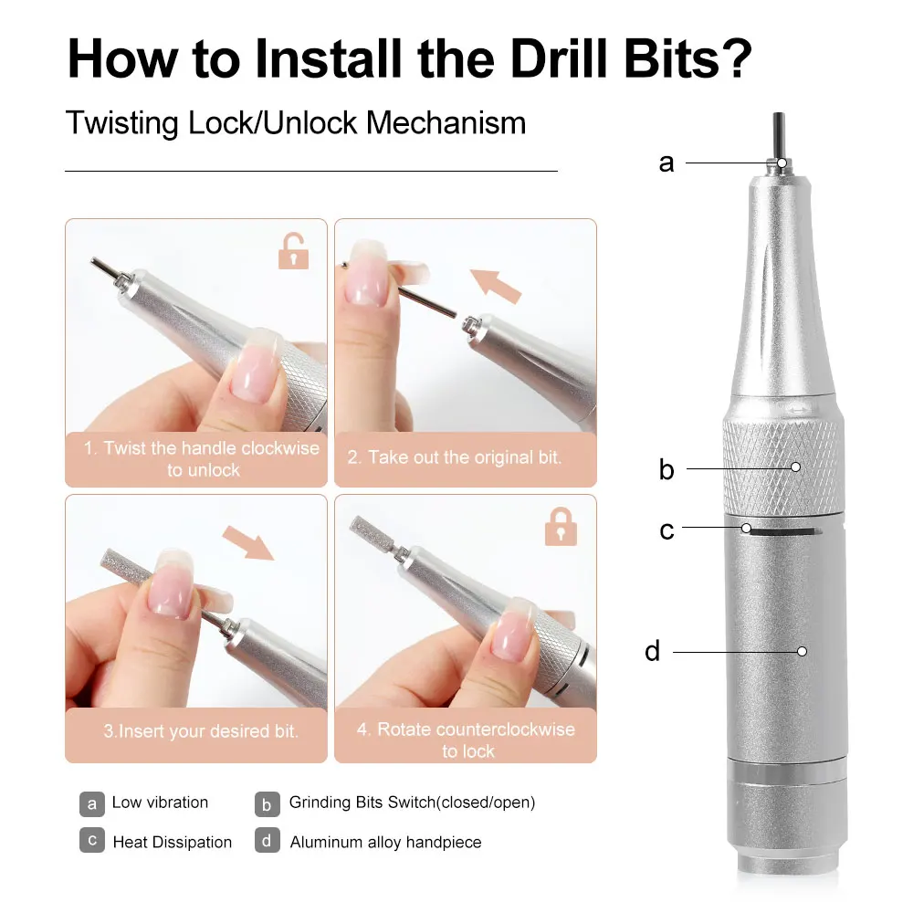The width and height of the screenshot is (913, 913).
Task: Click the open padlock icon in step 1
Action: (x=293, y=251)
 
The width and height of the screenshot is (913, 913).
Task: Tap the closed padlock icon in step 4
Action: (x=561, y=527)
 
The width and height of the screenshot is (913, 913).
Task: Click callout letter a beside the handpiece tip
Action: (x=666, y=163)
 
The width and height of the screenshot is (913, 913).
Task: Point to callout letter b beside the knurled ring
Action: (x=666, y=469)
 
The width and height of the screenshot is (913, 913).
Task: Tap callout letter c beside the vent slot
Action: (x=666, y=530)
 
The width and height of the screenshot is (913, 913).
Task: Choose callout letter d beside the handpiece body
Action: (x=652, y=651)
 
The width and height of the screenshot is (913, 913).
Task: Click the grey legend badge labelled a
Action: (x=91, y=803)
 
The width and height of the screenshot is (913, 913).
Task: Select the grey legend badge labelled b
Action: (x=267, y=803)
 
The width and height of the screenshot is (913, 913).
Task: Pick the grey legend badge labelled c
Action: (x=91, y=841)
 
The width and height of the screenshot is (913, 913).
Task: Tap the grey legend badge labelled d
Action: (x=267, y=841)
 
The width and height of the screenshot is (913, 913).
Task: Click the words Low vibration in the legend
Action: (x=160, y=803)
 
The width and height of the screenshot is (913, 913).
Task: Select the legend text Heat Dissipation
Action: (x=172, y=842)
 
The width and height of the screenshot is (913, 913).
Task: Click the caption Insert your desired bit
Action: (x=200, y=731)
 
